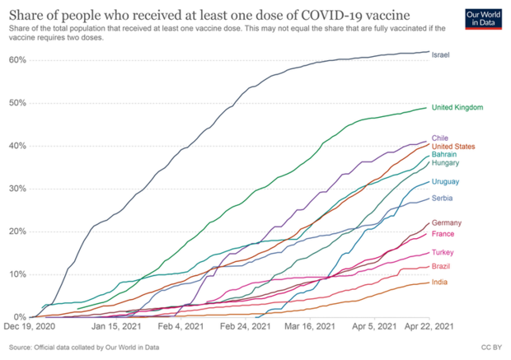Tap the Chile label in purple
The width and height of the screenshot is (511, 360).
[441, 138]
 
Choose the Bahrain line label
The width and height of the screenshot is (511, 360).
[445, 155]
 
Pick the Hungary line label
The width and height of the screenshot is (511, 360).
[446, 164]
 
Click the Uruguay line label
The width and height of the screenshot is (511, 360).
[446, 181]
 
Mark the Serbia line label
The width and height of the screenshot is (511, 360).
[443, 199]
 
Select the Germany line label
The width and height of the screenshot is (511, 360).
[448, 223]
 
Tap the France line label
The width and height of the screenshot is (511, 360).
[444, 233]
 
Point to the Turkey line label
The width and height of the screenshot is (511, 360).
[444, 252]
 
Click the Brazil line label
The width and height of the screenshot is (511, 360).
[443, 267]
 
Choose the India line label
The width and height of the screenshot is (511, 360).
[441, 283]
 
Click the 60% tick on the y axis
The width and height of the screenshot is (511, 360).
[17, 60]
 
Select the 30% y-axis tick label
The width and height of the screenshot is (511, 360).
[17, 189]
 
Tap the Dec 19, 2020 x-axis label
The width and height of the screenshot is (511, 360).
[33, 327]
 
